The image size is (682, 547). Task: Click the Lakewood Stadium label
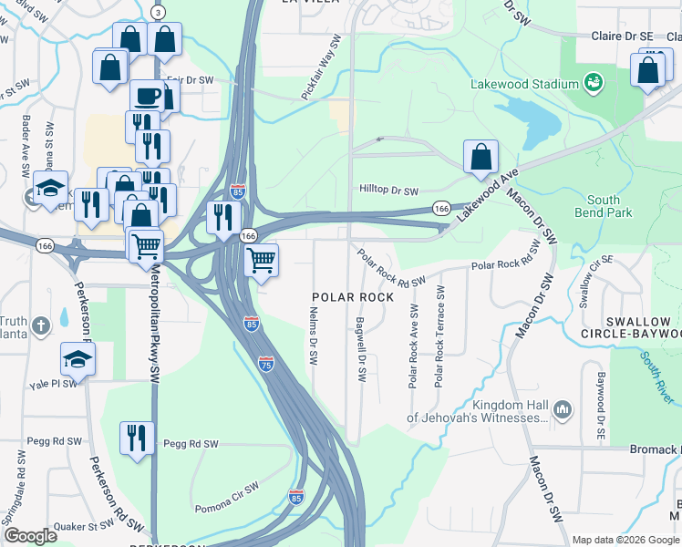coord(524,84)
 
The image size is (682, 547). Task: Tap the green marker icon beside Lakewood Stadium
coord(594,84)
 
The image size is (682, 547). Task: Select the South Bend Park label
coord(603,206)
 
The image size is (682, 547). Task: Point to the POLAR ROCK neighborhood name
coord(353,297)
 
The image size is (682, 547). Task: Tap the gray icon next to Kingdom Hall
coord(563,412)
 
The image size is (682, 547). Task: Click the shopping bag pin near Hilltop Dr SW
coord(480,157)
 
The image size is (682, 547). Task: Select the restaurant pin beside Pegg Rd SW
coord(138,438)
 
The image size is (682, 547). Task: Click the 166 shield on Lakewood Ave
coord(441,209)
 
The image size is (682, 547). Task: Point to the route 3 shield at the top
coord(159,11)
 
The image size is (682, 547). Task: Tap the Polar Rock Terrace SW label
coord(439,336)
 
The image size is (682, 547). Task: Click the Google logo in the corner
coord(31,535)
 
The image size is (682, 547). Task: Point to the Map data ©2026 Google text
coord(625,540)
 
